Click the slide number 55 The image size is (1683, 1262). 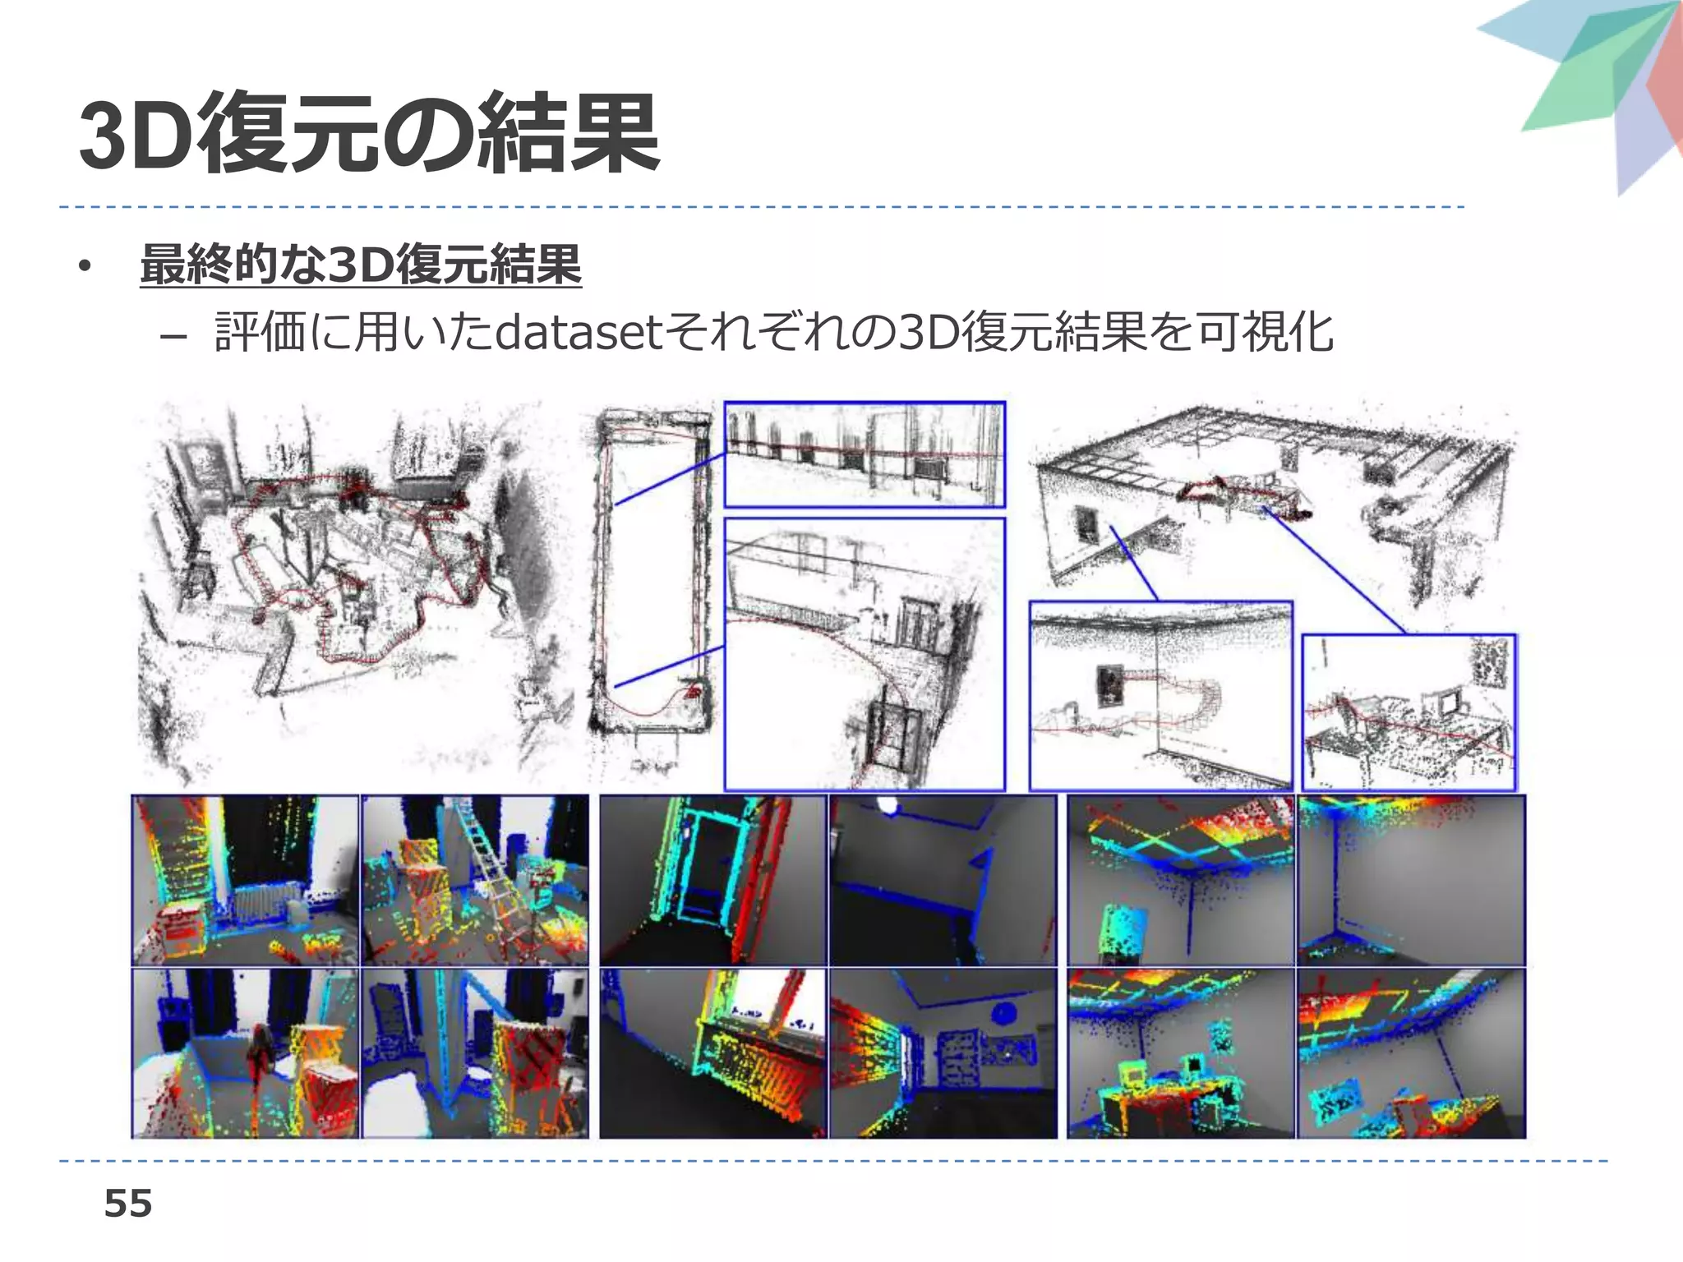[x=128, y=1204]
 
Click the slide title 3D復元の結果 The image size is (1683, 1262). [x=370, y=134]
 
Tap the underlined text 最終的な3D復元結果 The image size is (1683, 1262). [x=361, y=265]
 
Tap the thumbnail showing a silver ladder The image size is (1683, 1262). [x=475, y=879]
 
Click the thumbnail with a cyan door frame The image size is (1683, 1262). [x=712, y=879]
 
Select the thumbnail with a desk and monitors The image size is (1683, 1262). [x=1181, y=1053]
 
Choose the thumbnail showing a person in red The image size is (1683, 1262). [x=245, y=1053]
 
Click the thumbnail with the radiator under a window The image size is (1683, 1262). [x=712, y=1053]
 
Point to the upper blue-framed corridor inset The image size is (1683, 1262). [x=864, y=454]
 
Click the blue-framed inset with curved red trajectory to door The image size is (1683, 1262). [x=864, y=653]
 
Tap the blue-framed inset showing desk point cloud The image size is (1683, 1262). [x=1409, y=712]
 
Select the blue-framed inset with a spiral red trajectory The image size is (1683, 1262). [x=1160, y=695]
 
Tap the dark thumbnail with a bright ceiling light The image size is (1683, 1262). [x=943, y=879]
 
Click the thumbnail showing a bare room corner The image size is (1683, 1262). [x=1411, y=879]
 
